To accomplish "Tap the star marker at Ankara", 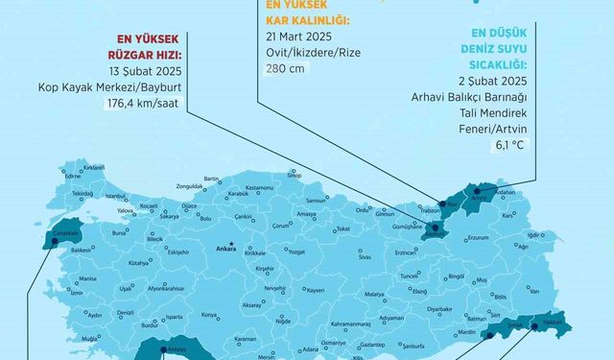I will tap(232, 245).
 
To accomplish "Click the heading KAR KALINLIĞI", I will tap(299, 18).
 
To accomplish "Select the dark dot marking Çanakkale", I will tap(54, 243).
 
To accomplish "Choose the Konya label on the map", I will tap(208, 315).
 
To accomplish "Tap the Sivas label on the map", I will tap(365, 257).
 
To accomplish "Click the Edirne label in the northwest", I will tap(46, 177).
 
